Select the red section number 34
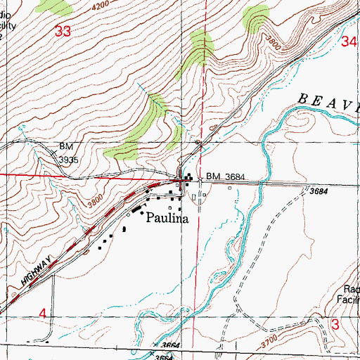pyautogui.click(x=349, y=42)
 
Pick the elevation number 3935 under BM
pyautogui.click(x=69, y=160)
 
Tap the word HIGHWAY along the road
pyautogui.click(x=33, y=272)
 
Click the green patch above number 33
pyautogui.click(x=55, y=7)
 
